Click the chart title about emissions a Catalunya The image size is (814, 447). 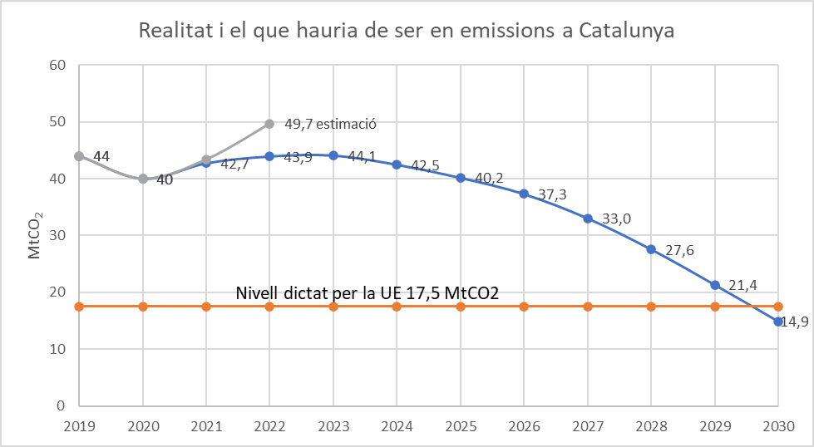point(406,31)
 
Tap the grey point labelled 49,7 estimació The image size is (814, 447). point(269,124)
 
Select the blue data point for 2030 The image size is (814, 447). point(778,322)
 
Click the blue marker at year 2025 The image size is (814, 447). point(461,177)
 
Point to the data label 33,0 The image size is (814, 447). point(616,219)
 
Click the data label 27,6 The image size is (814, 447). point(679,250)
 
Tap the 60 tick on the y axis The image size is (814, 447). point(56,65)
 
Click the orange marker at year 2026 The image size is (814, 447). point(524,307)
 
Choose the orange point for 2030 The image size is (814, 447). point(778,307)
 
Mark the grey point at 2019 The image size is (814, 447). point(79,156)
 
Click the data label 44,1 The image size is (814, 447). point(362,156)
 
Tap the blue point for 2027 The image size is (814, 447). point(588,219)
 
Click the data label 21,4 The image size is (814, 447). point(742,286)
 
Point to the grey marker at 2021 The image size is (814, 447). point(206,160)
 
